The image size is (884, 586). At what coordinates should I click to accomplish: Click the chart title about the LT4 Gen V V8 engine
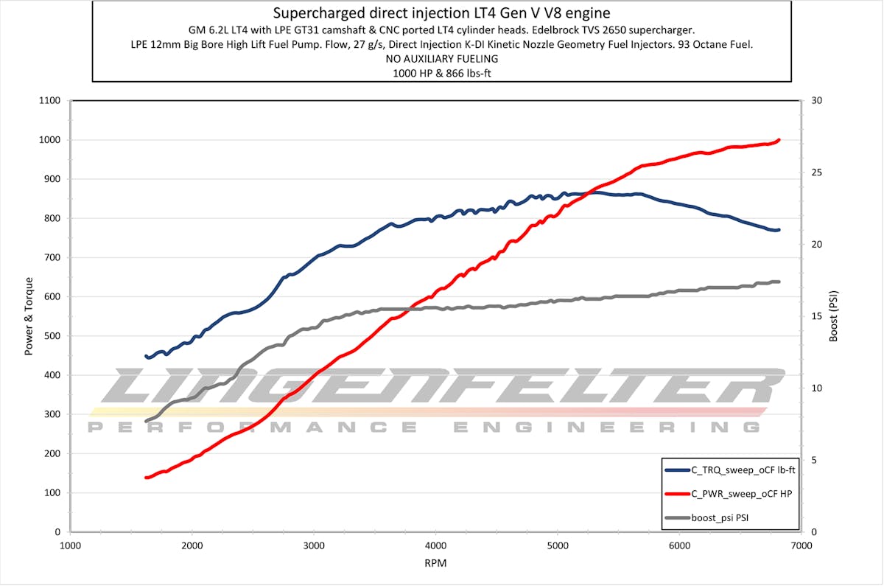[x=441, y=13]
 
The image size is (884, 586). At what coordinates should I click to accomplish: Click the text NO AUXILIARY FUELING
[x=441, y=58]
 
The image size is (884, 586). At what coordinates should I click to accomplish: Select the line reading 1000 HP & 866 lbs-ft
[x=441, y=72]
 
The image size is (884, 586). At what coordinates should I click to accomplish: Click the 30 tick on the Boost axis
[x=816, y=101]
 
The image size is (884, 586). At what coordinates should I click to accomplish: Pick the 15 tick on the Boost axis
[x=816, y=316]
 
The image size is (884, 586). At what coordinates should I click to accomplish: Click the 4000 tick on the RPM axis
[x=436, y=546]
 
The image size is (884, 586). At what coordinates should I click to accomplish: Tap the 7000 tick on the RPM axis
[x=801, y=546]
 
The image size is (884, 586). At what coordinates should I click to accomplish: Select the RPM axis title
[x=435, y=563]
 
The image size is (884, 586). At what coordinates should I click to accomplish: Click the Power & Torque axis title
[x=29, y=316]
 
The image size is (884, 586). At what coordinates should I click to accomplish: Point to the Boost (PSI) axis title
[x=835, y=316]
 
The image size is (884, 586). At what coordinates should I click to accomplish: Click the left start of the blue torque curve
[x=146, y=356]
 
